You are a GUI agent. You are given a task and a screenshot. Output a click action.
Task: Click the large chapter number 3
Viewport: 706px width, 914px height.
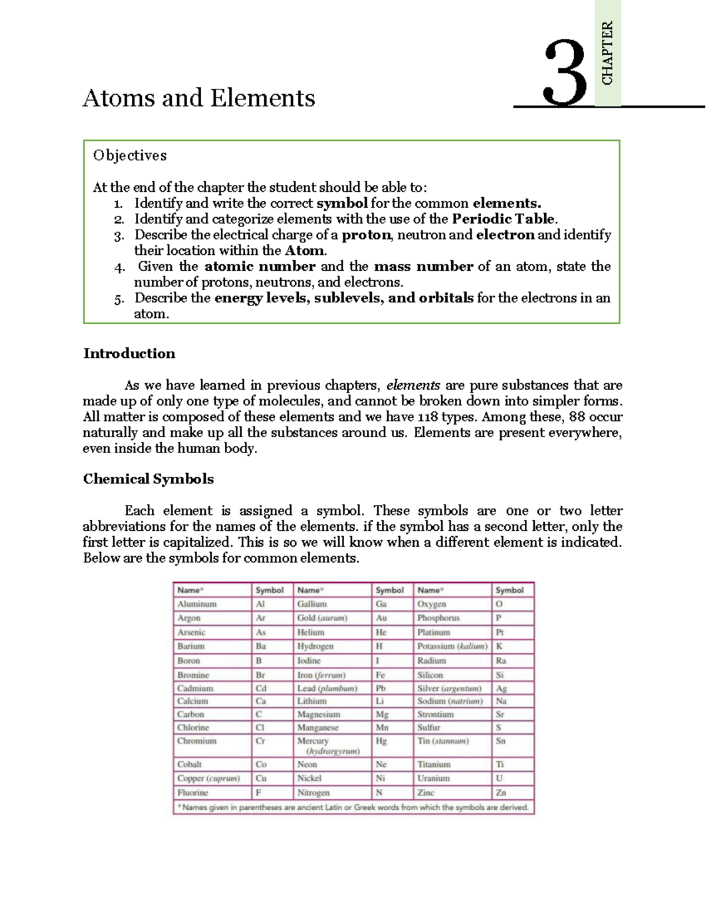(x=565, y=74)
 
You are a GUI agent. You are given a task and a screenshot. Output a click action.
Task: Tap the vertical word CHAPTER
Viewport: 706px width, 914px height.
(x=607, y=53)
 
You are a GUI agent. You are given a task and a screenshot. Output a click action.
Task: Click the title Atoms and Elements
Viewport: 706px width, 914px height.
(x=199, y=98)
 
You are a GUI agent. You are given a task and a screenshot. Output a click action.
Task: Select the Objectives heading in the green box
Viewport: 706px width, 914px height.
(x=129, y=155)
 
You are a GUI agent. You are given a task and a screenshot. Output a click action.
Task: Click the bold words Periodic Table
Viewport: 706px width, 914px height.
(x=504, y=219)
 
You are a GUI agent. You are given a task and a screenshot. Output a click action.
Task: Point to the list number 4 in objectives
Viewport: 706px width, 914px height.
(x=119, y=267)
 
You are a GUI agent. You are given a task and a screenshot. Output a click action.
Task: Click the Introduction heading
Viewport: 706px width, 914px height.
(x=129, y=354)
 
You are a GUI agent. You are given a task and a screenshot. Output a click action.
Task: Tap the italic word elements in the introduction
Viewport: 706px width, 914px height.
(x=413, y=385)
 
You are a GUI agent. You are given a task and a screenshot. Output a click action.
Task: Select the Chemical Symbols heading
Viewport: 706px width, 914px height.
(x=148, y=479)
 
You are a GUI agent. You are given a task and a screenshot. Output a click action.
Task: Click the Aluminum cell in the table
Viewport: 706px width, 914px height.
(x=197, y=604)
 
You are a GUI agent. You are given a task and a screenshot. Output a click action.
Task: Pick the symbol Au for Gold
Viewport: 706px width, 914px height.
(x=381, y=618)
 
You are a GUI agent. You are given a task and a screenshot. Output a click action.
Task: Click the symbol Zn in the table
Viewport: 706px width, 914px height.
(x=501, y=793)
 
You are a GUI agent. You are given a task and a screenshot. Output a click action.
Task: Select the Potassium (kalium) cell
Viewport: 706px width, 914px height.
(x=452, y=646)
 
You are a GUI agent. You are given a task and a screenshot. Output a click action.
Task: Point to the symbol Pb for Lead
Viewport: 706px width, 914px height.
(x=381, y=688)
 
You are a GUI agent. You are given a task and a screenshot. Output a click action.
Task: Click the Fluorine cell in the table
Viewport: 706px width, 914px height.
(x=193, y=793)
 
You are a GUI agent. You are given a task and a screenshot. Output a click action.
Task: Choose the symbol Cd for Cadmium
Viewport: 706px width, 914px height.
(x=261, y=688)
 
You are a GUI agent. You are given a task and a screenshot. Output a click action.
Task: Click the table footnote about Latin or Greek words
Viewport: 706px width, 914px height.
(x=353, y=807)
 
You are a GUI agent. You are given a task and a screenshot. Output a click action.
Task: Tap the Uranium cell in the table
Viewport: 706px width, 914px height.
(x=434, y=778)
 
